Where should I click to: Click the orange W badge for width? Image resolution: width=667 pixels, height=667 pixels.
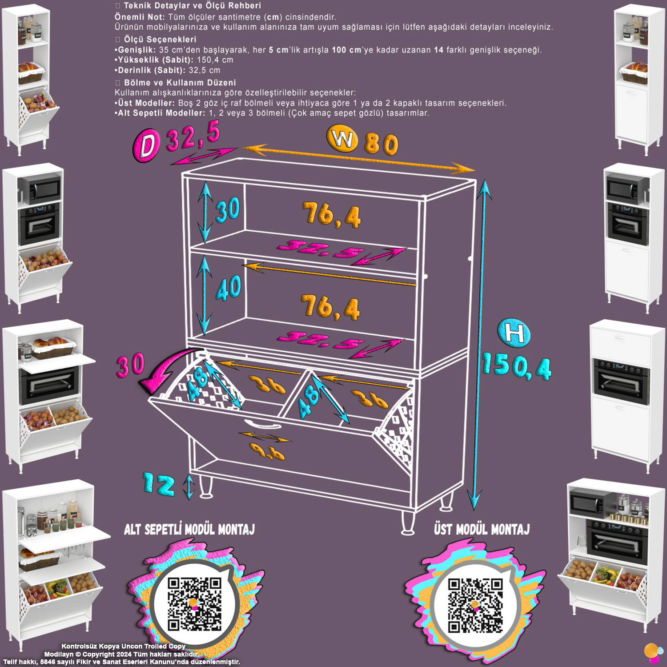click(342, 139)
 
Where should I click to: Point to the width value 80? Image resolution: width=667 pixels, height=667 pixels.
click(381, 144)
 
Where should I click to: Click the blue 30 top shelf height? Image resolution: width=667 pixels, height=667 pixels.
click(228, 209)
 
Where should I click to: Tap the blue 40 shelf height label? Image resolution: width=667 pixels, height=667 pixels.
click(229, 288)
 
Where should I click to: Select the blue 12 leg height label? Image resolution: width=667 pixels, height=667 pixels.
click(159, 484)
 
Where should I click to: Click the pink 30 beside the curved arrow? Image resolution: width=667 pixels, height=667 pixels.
click(130, 364)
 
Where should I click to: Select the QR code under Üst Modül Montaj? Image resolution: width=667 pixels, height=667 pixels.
click(475, 605)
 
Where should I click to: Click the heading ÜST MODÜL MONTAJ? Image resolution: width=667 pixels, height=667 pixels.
click(482, 529)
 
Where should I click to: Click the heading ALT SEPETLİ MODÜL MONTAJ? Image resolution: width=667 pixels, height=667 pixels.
click(189, 529)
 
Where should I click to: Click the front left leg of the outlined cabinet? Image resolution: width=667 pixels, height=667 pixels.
click(205, 486)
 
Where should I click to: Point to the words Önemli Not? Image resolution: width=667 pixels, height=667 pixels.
click(140, 17)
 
